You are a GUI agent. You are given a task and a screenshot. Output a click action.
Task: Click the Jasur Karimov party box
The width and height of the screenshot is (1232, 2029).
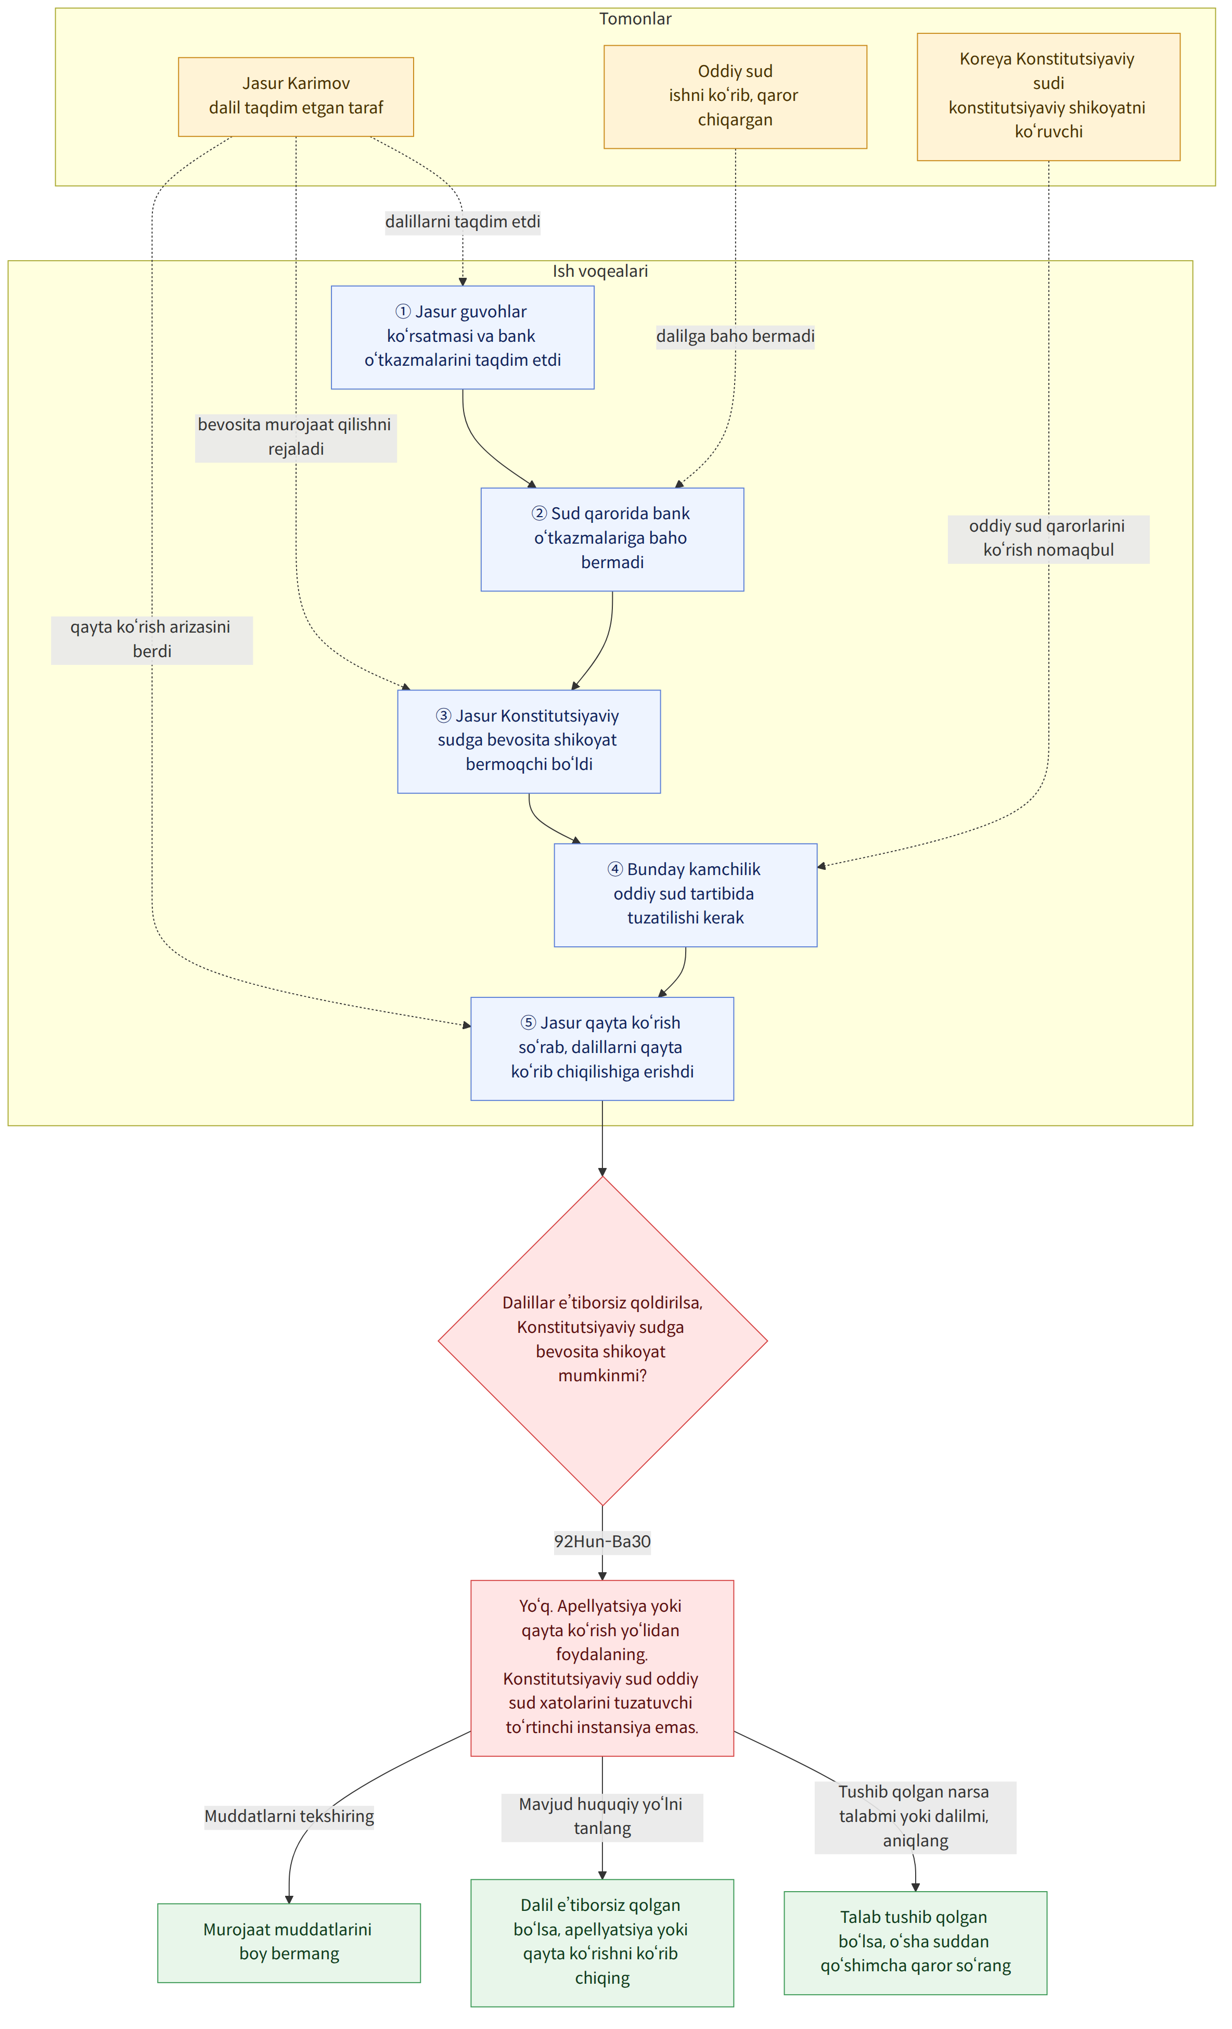296,96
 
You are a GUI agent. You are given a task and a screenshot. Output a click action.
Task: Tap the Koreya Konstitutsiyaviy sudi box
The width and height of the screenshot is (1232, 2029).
1048,96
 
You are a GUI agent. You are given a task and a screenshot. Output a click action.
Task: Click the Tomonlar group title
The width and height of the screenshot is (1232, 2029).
635,19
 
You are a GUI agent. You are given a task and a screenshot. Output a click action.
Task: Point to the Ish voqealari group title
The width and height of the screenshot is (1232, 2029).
600,271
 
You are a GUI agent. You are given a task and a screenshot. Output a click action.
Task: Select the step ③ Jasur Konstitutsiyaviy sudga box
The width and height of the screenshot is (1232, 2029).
529,741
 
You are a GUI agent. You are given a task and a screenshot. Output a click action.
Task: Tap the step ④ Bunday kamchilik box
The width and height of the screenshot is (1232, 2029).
685,895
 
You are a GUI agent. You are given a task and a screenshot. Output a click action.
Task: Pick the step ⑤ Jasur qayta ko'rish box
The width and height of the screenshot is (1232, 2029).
602,1048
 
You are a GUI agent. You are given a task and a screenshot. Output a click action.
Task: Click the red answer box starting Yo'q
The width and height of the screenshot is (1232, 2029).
602,1667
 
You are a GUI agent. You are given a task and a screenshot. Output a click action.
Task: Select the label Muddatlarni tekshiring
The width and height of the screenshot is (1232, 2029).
289,1816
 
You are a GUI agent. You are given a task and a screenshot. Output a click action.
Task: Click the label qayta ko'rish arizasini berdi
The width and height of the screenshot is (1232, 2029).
151,639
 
